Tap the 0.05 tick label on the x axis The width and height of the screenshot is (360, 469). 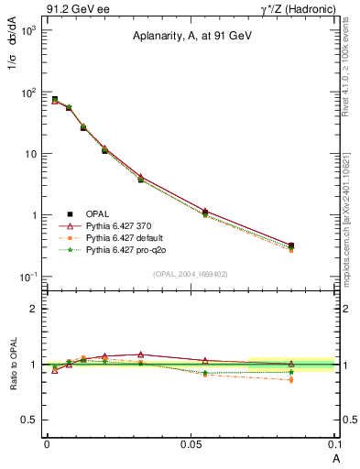click(x=191, y=443)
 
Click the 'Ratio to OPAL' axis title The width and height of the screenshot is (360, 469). click(x=12, y=365)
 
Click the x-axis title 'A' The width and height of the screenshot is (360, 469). click(x=335, y=456)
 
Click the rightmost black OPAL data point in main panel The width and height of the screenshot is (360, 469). click(x=291, y=245)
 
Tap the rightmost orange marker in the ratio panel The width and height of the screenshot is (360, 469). click(x=291, y=379)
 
